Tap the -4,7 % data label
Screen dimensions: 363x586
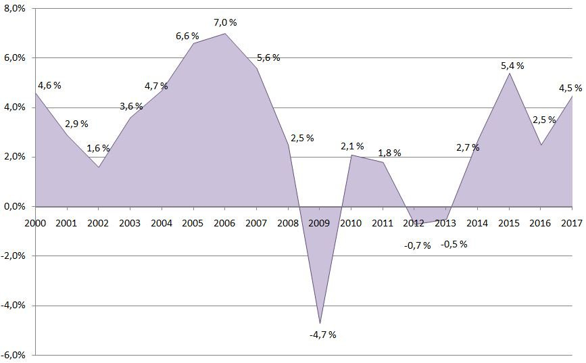[322, 335]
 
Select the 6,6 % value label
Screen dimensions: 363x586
[187, 36]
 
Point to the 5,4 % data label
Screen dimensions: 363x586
[512, 66]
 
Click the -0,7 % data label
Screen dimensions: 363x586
[417, 245]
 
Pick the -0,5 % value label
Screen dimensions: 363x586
[454, 244]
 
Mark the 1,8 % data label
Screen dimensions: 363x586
[389, 153]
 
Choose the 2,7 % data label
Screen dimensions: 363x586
[468, 147]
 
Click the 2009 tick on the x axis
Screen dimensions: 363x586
[320, 222]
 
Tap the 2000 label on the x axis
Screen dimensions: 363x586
[34, 222]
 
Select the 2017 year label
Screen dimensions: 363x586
[572, 222]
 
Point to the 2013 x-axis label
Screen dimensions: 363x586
[445, 222]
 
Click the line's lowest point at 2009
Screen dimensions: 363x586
[320, 323]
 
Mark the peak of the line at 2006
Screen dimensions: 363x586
[224, 33]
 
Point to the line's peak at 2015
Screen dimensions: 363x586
[510, 73]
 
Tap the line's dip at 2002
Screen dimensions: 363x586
[98, 167]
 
